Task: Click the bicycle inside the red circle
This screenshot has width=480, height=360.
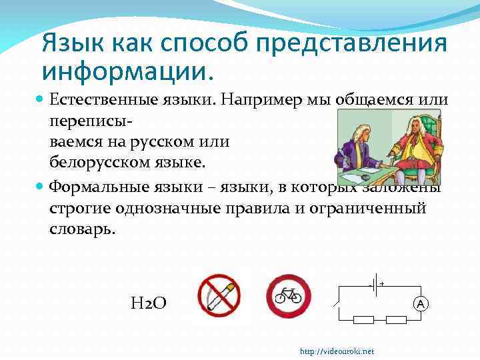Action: (289, 295)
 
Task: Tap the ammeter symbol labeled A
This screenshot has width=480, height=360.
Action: (421, 304)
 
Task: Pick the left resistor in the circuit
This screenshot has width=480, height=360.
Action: (363, 321)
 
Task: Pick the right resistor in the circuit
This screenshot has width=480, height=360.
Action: (396, 321)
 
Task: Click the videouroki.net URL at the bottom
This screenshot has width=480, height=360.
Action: (337, 351)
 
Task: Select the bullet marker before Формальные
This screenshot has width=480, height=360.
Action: (41, 186)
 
